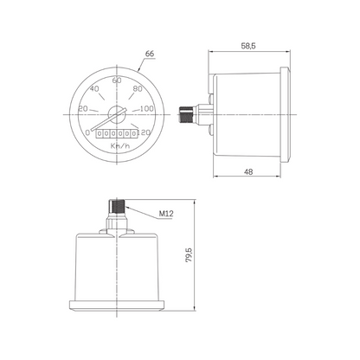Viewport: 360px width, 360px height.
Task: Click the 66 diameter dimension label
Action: pos(150,54)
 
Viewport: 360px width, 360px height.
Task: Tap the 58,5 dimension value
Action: pos(248,46)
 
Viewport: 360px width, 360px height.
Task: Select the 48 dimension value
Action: pos(248,172)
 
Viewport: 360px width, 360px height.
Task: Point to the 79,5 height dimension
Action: pos(189,254)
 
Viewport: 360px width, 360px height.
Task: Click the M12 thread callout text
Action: pos(166,214)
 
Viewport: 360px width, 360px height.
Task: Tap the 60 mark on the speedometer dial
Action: pos(117,80)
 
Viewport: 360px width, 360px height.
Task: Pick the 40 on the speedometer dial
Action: pos(94,89)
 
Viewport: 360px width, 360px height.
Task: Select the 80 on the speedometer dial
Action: pos(138,89)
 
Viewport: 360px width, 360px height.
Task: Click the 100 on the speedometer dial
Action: pos(147,109)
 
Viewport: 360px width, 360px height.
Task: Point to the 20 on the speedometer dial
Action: pos(83,109)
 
